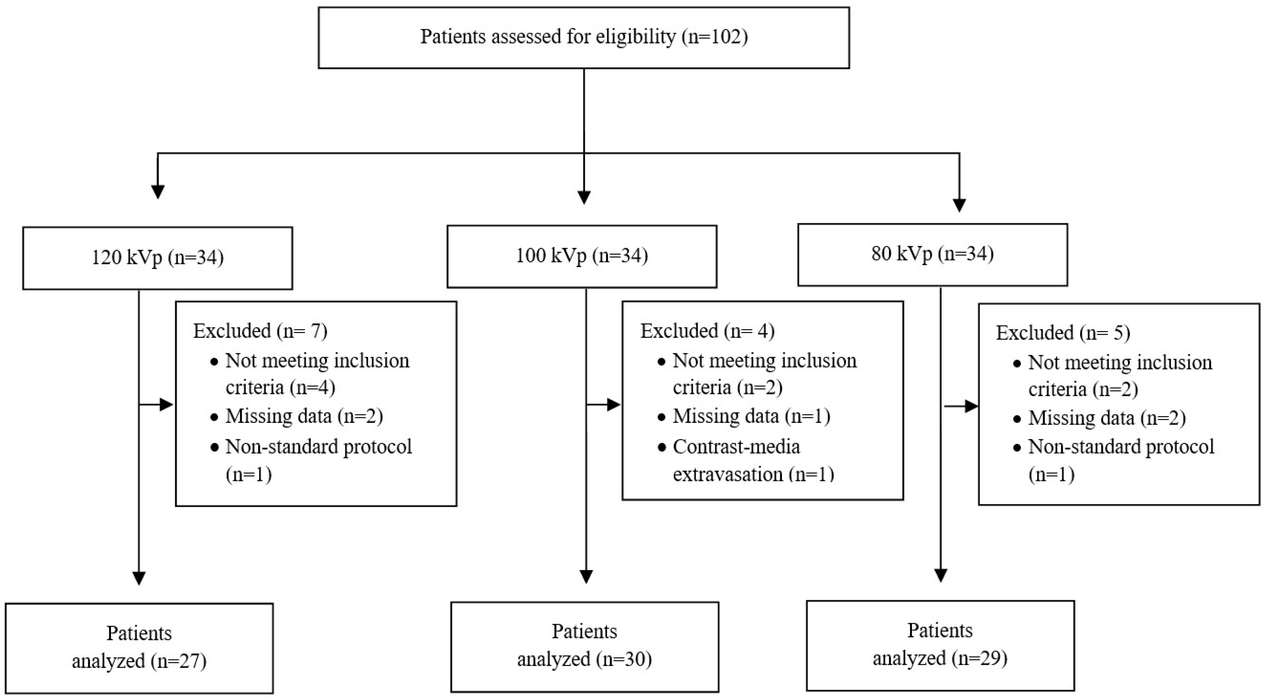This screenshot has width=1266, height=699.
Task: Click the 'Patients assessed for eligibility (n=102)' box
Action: [583, 37]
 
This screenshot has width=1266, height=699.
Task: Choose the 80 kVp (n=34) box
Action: [932, 255]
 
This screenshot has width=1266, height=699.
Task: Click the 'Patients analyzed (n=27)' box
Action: [139, 648]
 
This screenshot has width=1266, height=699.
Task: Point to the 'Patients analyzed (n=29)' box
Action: [940, 645]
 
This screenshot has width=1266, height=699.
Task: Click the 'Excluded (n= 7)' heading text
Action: [260, 331]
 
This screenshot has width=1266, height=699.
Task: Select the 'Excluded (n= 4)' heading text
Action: [707, 331]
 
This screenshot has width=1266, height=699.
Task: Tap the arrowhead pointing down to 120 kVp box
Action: [158, 192]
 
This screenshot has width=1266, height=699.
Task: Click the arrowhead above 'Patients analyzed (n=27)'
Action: [139, 578]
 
